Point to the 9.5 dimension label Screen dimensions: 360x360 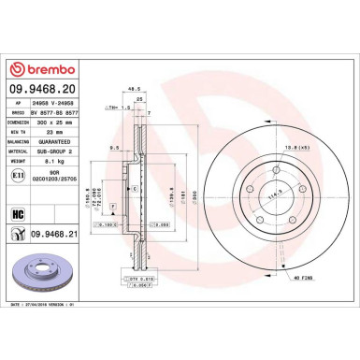pyautogui.click(x=113, y=148)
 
